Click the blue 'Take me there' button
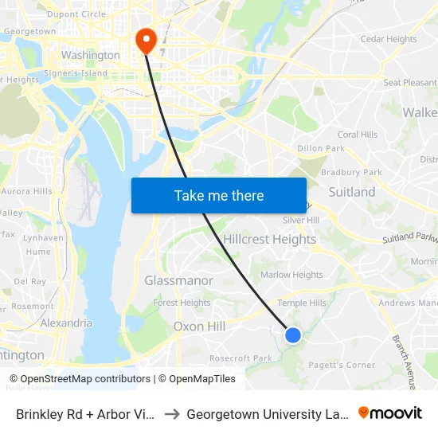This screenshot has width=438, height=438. point(219,195)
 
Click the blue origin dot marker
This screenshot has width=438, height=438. point(293,335)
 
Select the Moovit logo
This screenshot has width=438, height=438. point(390,413)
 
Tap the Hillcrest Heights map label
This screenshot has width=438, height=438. point(270,239)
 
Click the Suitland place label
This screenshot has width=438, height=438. point(352,192)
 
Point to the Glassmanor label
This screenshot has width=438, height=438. point(178,280)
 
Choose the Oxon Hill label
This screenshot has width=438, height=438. point(199,327)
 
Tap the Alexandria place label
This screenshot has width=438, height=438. point(66,323)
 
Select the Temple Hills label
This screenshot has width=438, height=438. point(301,303)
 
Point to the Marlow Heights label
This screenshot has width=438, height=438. point(291,275)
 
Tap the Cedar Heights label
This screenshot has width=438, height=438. point(389,39)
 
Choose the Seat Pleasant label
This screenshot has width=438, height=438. point(410,83)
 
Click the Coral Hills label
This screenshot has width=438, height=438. point(358,135)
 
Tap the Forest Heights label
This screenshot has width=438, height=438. point(182,303)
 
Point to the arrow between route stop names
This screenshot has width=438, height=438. point(172,414)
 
